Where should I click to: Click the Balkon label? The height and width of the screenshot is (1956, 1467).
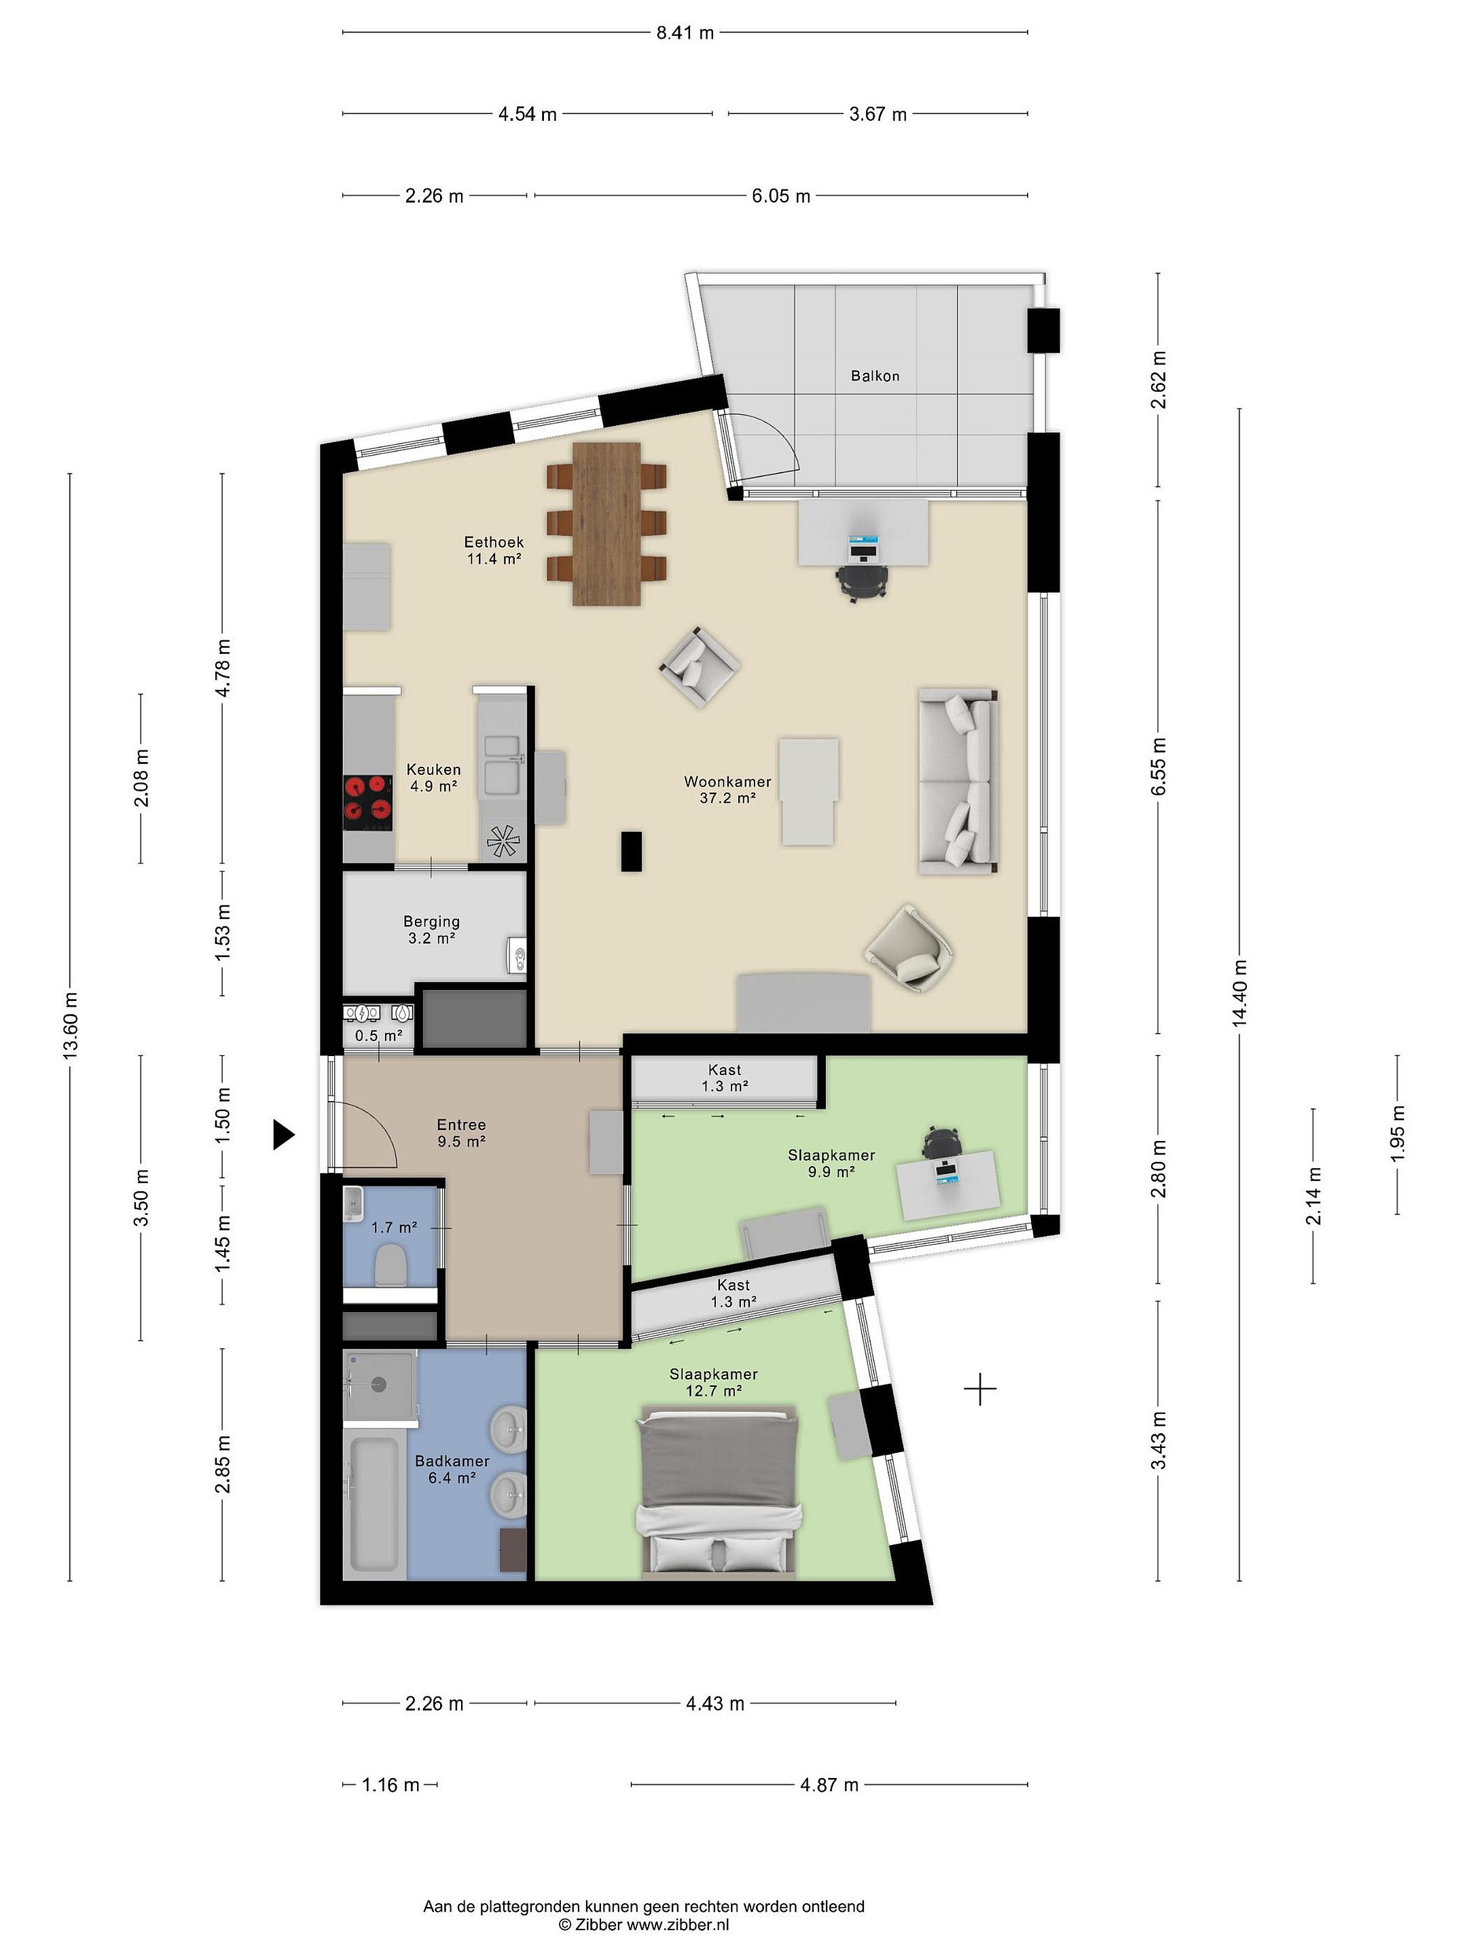tap(875, 376)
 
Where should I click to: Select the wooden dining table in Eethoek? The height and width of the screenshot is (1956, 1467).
tap(606, 524)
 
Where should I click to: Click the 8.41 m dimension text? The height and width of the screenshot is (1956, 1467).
tap(685, 33)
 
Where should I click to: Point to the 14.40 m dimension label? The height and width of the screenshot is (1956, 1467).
tap(1239, 993)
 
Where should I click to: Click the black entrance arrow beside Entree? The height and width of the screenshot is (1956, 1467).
tap(283, 1134)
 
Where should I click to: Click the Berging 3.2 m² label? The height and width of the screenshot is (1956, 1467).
tap(431, 929)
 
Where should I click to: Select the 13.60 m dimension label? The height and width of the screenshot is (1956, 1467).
tap(71, 1025)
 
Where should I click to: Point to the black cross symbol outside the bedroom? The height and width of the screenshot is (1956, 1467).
tap(980, 1389)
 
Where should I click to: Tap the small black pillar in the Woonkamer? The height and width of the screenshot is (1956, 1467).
tap(630, 852)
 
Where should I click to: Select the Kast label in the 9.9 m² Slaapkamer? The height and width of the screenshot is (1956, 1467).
tap(725, 1070)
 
